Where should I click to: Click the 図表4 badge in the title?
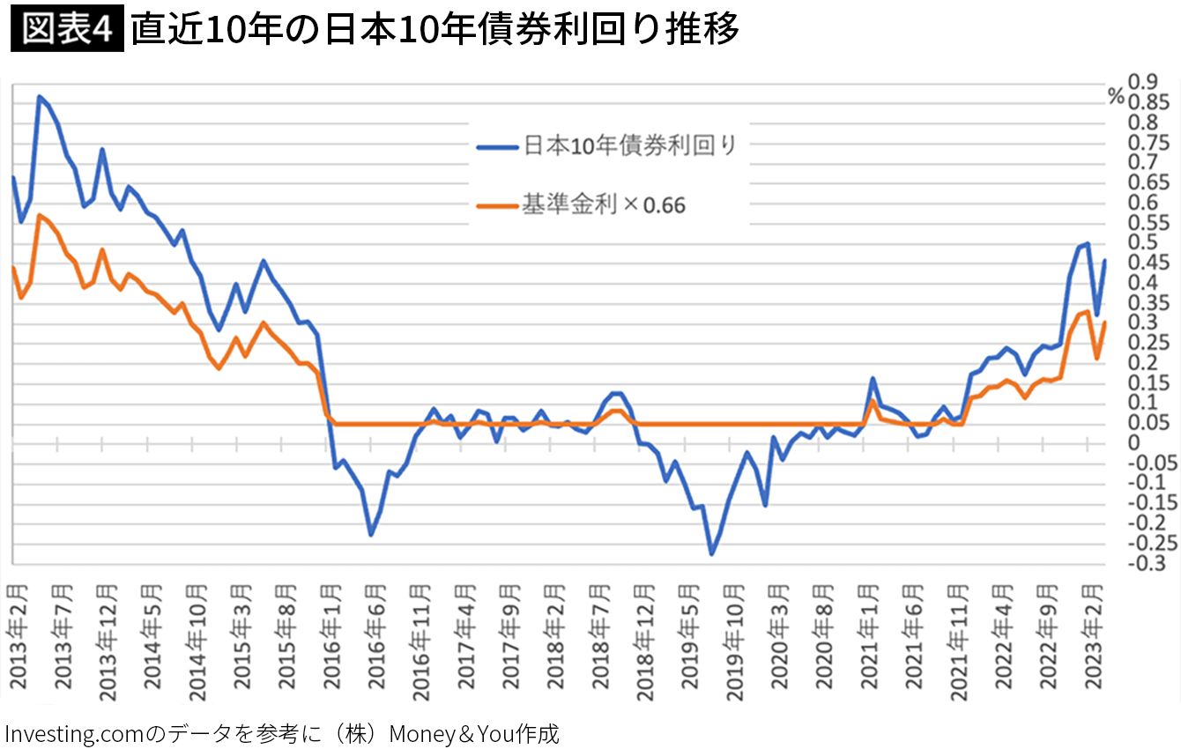tap(66, 29)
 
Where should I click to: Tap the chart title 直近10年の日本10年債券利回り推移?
tap(434, 30)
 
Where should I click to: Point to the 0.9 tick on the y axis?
tap(1144, 82)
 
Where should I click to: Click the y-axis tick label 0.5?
tap(1144, 242)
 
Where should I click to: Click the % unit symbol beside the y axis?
tap(1116, 98)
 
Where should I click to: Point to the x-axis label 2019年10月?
tap(737, 641)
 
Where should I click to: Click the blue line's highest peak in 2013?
tap(39, 96)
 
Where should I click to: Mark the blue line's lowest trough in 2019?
tap(711, 554)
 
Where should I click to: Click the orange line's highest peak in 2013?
tap(39, 215)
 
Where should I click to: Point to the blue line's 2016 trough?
tap(371, 535)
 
